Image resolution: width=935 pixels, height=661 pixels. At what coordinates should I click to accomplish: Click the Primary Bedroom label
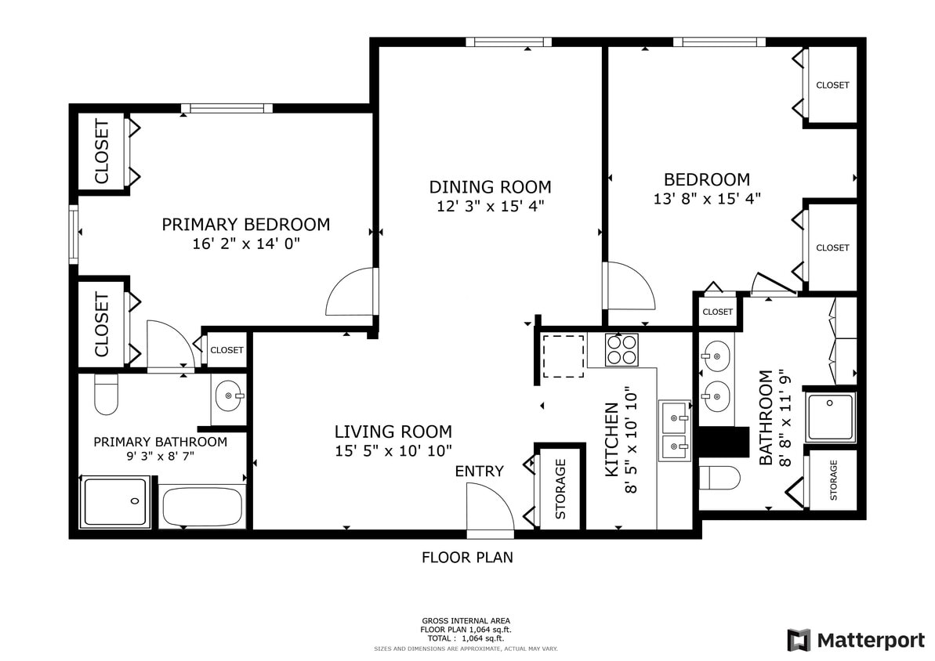[245, 225]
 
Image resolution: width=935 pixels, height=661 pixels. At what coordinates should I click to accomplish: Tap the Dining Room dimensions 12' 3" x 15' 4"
[490, 207]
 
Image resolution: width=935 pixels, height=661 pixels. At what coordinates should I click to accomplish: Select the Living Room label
[393, 432]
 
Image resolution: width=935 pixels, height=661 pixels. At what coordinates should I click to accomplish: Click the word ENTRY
[479, 471]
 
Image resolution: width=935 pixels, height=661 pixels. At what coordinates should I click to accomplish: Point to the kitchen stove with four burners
[622, 349]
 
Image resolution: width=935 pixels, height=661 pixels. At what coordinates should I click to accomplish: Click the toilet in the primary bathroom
[106, 396]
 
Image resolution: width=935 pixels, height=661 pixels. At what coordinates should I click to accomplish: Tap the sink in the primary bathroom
[228, 396]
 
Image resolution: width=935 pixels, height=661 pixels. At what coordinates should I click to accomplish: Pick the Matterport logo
[856, 640]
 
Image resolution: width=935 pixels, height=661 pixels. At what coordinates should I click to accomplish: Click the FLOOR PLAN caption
[467, 558]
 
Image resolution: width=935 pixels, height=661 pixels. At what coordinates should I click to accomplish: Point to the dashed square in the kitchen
[563, 356]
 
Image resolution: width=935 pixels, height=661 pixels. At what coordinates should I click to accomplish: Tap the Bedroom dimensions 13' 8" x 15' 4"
[707, 199]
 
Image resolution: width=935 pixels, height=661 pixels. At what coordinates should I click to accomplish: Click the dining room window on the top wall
[508, 42]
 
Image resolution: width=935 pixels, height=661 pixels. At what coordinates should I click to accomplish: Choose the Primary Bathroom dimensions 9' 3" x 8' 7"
[160, 457]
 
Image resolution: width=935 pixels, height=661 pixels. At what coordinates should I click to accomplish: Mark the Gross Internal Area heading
[466, 620]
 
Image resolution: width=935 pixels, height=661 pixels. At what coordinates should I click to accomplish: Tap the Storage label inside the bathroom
[833, 480]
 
